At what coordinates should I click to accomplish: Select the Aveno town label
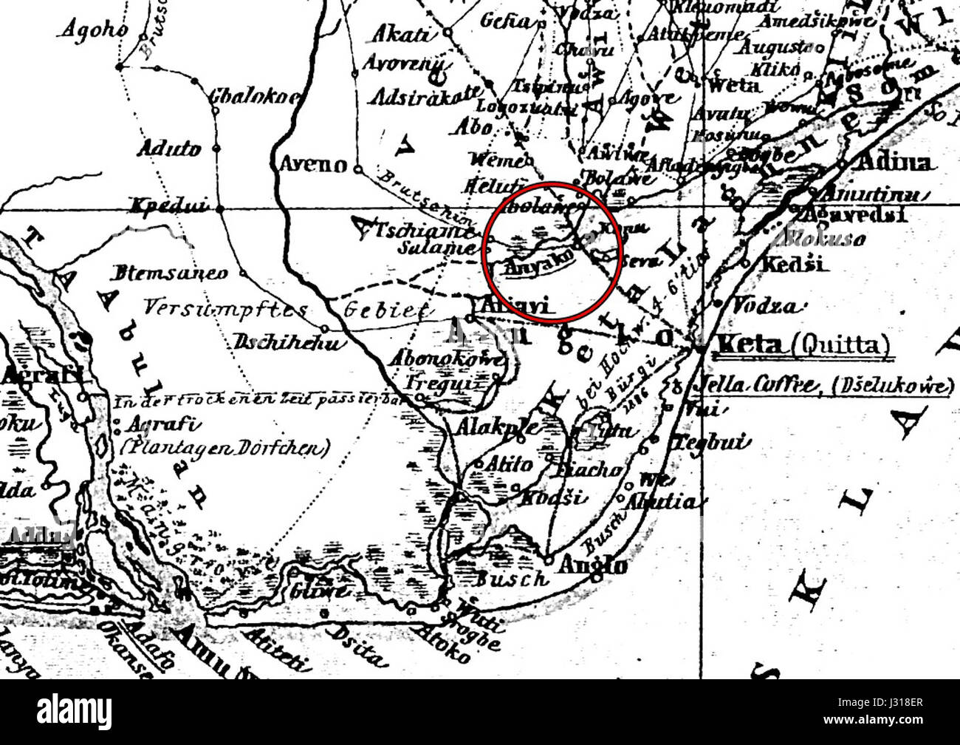point(313,163)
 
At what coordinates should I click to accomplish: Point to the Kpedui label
point(169,206)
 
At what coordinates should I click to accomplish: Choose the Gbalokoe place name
point(244,96)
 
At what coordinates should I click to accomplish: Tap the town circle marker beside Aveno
point(357,169)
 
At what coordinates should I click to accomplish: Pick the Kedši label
point(786,264)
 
